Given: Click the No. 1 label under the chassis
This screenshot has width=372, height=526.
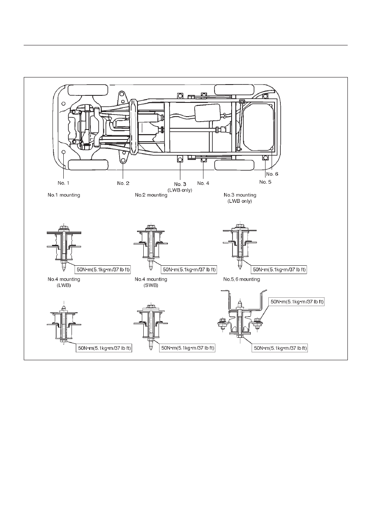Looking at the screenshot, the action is tap(63, 183).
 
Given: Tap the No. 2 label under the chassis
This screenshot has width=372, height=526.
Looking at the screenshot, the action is tap(123, 183).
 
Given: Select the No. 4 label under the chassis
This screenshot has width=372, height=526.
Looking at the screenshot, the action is tap(203, 183).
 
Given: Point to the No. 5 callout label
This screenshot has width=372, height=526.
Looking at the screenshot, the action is tap(265, 182).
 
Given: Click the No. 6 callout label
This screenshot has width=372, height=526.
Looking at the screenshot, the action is tap(272, 174).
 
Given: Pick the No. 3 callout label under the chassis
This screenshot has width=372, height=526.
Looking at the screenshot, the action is tap(180, 184).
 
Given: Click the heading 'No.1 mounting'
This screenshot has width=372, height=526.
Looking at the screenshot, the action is tap(64, 195).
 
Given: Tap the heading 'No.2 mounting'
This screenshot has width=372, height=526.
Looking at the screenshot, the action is tap(151, 195).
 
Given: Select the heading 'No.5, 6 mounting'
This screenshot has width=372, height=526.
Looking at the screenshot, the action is tap(242, 279).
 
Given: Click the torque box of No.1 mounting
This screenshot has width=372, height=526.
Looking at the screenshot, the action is tap(103, 269).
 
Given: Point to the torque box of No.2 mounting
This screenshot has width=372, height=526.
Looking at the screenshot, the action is tap(189, 269).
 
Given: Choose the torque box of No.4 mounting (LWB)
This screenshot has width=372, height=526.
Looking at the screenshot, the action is tap(104, 348).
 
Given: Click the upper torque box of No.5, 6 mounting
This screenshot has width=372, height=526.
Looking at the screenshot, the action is tap(297, 302).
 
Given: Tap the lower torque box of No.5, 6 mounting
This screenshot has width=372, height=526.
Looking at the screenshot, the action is tap(280, 348).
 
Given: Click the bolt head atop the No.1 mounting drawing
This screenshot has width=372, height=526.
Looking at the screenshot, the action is tap(64, 227).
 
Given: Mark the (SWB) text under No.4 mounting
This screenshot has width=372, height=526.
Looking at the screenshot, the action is tap(151, 286).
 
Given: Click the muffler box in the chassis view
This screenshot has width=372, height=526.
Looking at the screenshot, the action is tap(207, 113).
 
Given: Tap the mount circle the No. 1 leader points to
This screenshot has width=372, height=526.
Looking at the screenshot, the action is tap(63, 152).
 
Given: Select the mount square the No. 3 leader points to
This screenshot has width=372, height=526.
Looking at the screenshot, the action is tap(180, 160).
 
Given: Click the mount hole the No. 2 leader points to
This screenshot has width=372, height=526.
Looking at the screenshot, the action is tap(123, 161).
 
